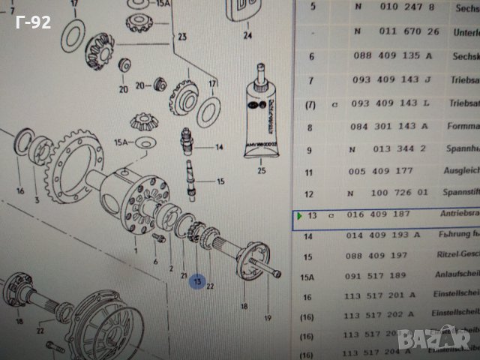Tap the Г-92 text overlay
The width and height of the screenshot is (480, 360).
[x=32, y=22]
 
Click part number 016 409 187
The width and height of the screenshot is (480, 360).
[x=382, y=216]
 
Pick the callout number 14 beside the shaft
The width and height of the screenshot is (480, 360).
[x=220, y=148]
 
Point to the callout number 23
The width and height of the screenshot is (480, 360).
[x=182, y=36]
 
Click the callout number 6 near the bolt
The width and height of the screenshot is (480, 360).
[x=155, y=262]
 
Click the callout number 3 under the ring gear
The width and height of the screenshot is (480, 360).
[x=37, y=201]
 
